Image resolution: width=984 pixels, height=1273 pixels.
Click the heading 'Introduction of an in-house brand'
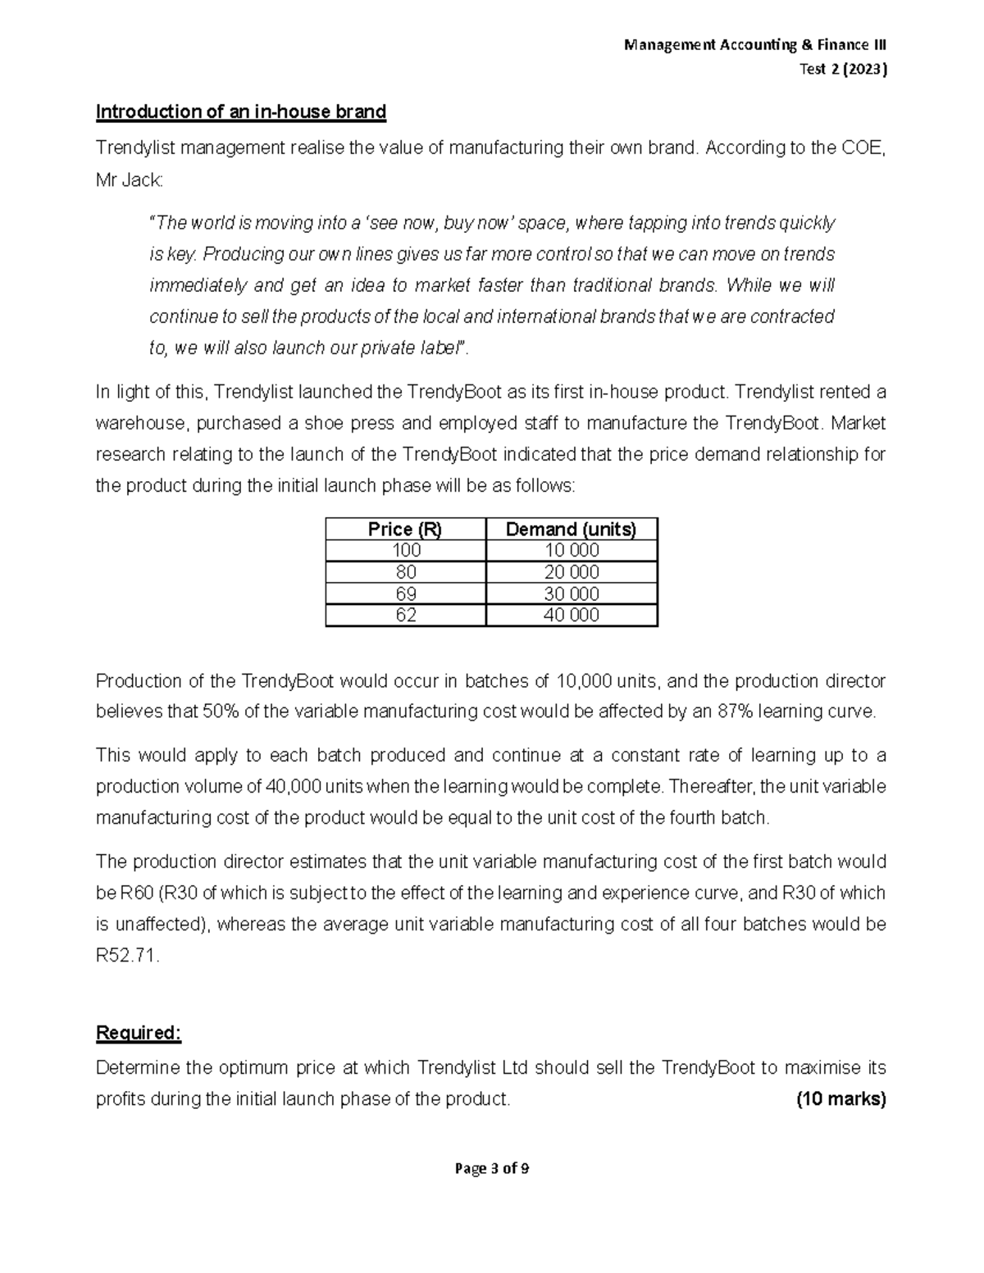[240, 111]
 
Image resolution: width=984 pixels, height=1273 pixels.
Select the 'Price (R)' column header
[405, 530]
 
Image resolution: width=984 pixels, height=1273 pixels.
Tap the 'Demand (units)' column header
[571, 530]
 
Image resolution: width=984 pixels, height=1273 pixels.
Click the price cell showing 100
[405, 550]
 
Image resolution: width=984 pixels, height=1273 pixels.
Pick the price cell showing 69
[405, 593]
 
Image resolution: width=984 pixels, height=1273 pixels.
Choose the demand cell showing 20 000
[571, 572]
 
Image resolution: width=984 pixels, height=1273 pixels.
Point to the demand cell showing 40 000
[571, 615]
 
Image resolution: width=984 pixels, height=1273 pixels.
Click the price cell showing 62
[405, 615]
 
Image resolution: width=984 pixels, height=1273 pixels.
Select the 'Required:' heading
[138, 1033]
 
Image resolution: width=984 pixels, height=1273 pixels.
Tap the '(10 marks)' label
[841, 1099]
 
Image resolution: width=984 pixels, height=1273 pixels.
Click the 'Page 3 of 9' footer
[491, 1169]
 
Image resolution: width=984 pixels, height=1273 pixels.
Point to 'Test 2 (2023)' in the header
[843, 70]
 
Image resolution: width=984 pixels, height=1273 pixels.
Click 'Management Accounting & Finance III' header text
[754, 45]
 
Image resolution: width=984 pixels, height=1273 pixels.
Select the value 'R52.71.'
[128, 956]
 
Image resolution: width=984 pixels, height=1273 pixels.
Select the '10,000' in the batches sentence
[583, 681]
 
